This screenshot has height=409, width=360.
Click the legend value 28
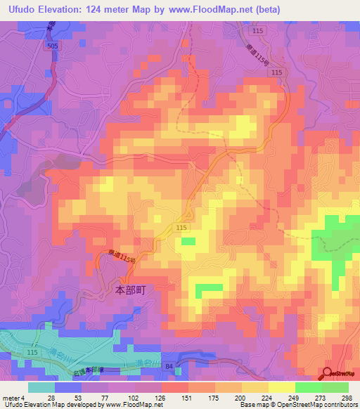tap(51, 397)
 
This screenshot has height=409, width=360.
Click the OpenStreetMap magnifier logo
tap(328, 374)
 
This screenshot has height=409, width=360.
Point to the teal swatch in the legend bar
tap(41, 387)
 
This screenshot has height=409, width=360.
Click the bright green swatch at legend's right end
tap(335, 387)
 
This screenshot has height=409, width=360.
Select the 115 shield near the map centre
tap(181, 230)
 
